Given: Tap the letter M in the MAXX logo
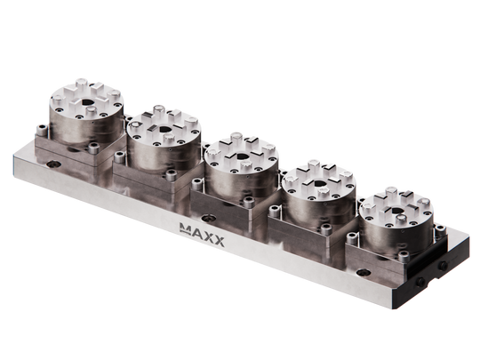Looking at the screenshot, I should coord(187,230).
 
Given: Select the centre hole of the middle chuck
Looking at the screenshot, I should coord(238,157).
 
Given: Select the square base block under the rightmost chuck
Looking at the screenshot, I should coord(391,253).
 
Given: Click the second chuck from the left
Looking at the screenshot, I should coord(162,142).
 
